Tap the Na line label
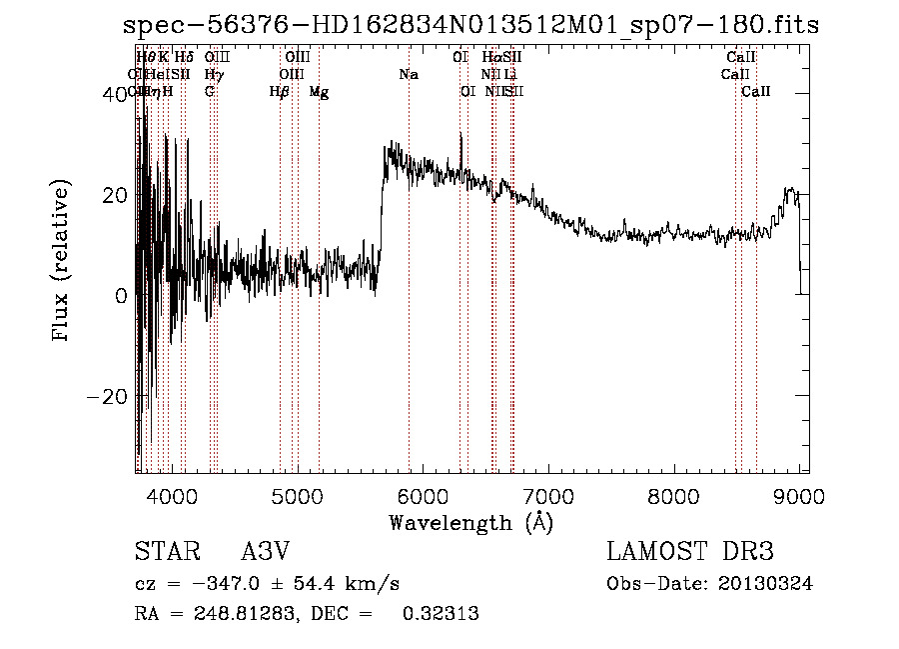[x=408, y=74]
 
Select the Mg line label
[x=319, y=92]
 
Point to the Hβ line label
[x=280, y=92]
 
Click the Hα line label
[x=491, y=58]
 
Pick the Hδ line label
[x=184, y=58]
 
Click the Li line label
[x=510, y=74]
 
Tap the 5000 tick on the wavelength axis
[x=298, y=495]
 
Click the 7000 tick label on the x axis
[x=548, y=495]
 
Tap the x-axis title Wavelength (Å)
[x=470, y=522]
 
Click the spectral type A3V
[x=265, y=552]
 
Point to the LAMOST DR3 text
[x=690, y=552]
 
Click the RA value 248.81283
[x=224, y=614]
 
